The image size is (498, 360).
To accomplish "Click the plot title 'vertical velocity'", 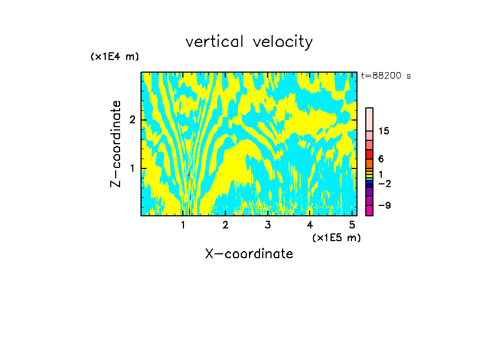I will click(x=249, y=42).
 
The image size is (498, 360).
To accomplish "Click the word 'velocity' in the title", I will click(x=281, y=42).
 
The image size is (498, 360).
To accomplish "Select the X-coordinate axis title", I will click(x=249, y=254).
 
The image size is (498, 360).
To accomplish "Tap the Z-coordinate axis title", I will click(x=116, y=144).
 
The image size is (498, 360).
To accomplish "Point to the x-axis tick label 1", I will click(x=183, y=225).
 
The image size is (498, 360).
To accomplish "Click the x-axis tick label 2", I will click(x=225, y=225).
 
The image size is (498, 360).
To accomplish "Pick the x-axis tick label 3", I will click(x=268, y=225).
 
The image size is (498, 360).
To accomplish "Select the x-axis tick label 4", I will click(x=310, y=225).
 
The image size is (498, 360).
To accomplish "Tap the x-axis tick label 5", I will click(x=352, y=225).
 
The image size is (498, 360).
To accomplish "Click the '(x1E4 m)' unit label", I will click(x=115, y=57).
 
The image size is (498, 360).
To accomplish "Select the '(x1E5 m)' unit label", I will click(x=336, y=237).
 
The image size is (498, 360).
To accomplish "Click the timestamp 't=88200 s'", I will click(x=386, y=76).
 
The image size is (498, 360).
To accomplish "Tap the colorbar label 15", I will click(x=384, y=131).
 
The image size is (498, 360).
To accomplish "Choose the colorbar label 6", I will click(x=381, y=159).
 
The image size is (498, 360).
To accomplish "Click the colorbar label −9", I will click(x=385, y=205).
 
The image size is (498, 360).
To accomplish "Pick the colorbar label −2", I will click(x=385, y=183).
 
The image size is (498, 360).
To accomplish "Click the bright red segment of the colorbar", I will click(x=370, y=154).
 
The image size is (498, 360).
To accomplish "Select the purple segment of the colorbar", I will click(x=370, y=192).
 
